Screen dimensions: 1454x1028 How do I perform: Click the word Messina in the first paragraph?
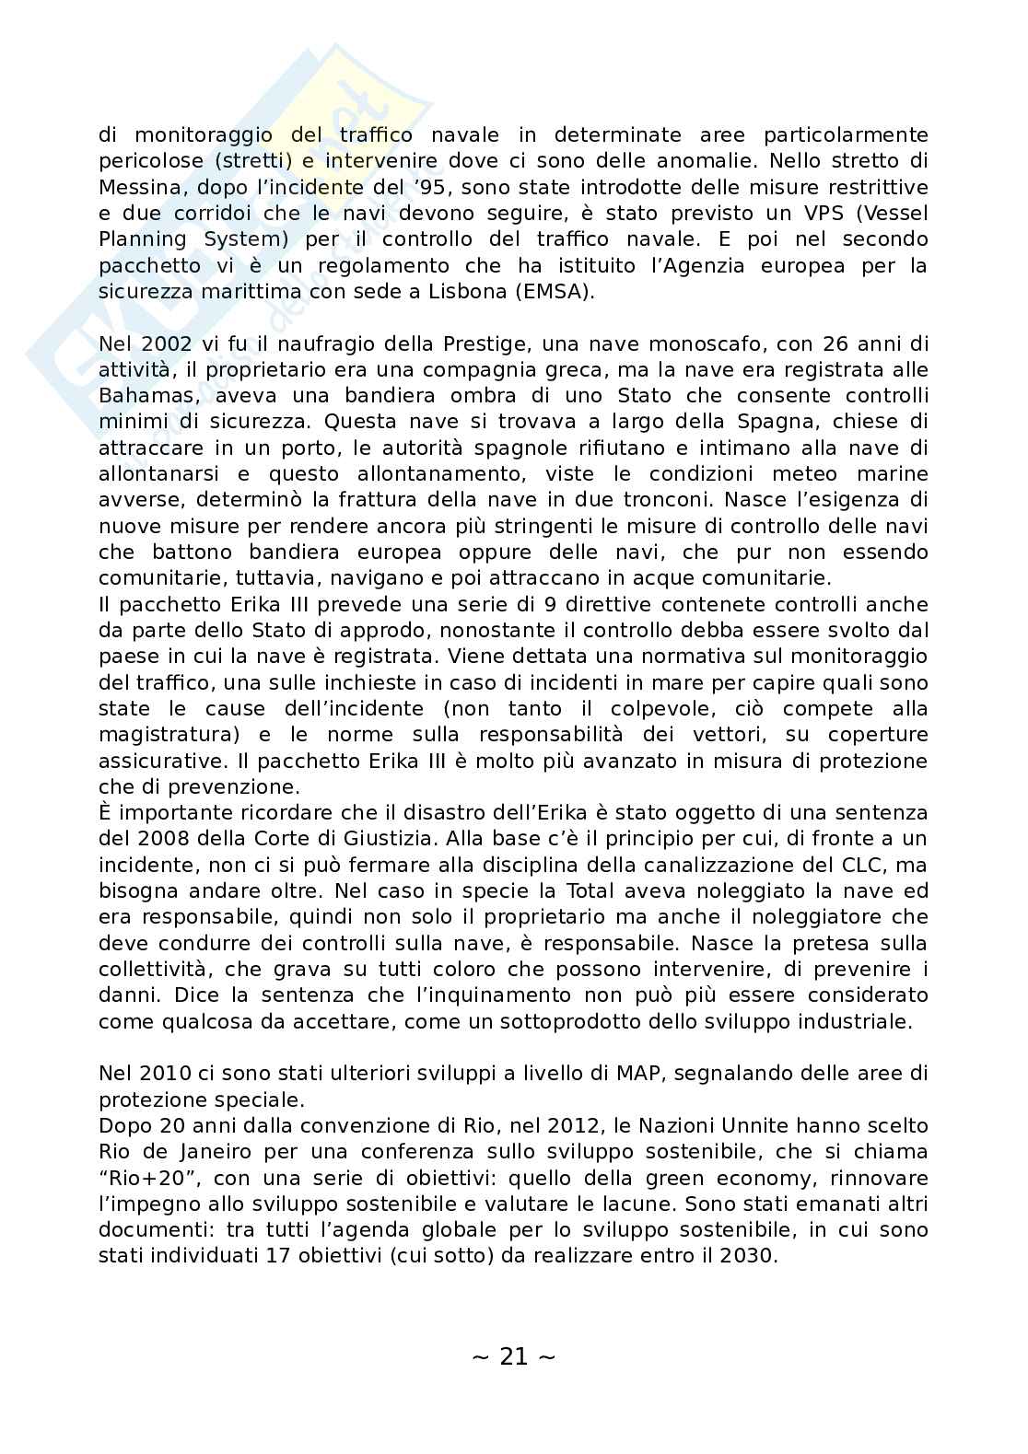136,187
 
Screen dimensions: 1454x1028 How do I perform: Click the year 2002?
167,343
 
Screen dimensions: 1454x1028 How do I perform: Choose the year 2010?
167,1073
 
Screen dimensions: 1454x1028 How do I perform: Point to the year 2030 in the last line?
742,1255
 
